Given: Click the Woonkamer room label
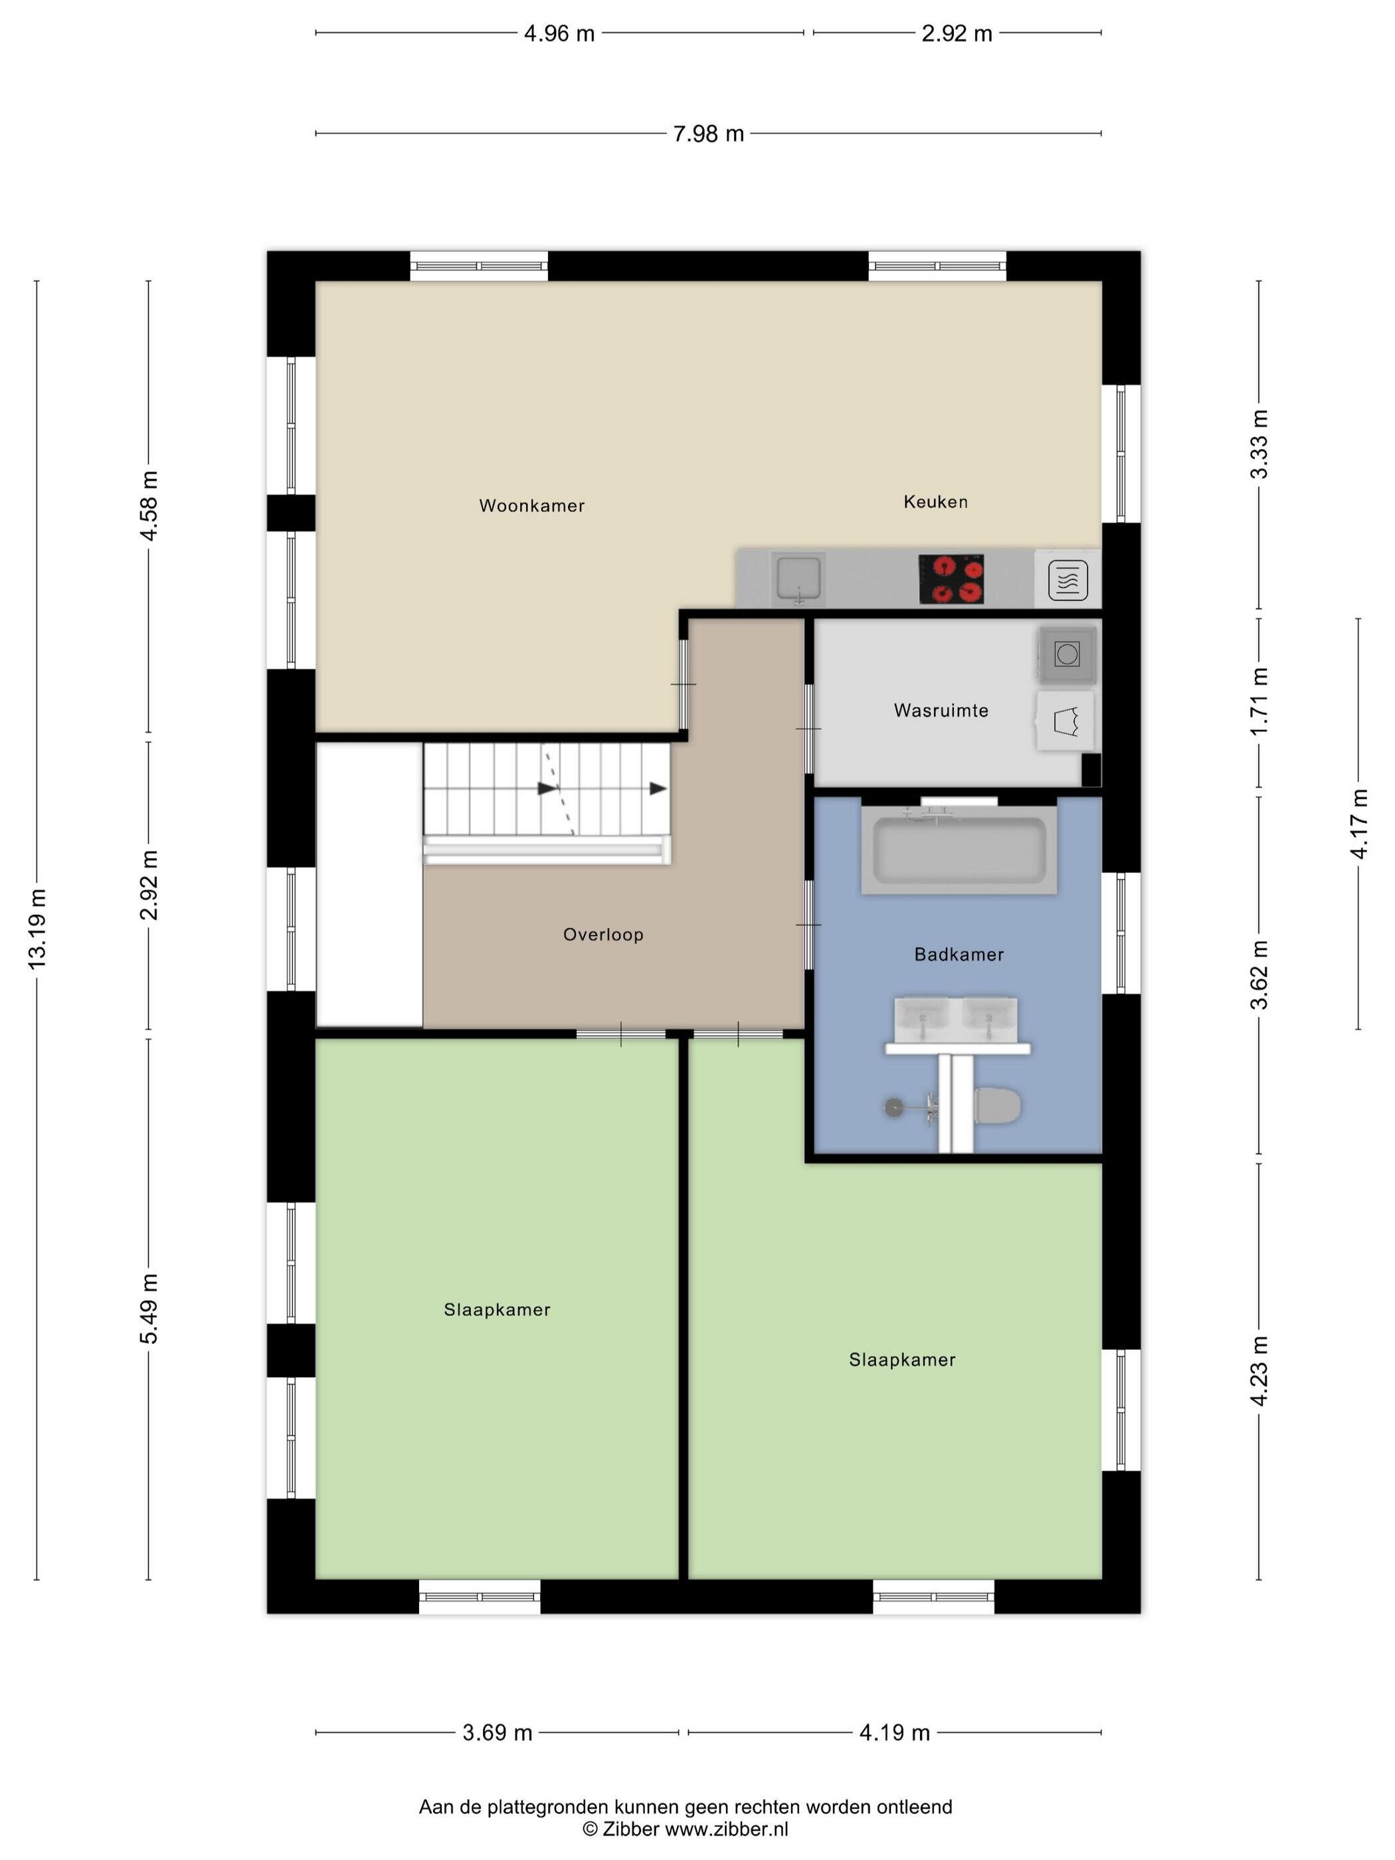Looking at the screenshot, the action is point(531,506).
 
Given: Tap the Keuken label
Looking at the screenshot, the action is point(935,501).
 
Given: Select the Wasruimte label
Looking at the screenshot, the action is point(941,711).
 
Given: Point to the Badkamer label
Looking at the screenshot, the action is point(959,955).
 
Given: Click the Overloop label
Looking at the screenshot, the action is point(603,934).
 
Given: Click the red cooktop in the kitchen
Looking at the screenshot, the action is point(951,579).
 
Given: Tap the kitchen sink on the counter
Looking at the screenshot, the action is point(798,579).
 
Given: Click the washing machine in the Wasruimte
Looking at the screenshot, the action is point(1067,654).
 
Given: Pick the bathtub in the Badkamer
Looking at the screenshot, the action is point(959,849).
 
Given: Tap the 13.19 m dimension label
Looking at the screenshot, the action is point(37,929).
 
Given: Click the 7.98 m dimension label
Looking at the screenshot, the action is point(708,134).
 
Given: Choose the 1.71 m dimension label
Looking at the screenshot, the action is point(1259,701).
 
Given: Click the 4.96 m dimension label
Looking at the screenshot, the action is point(559,34).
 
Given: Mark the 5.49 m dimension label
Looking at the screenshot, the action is point(149,1309).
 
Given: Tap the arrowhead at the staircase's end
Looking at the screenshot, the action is point(658,789).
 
